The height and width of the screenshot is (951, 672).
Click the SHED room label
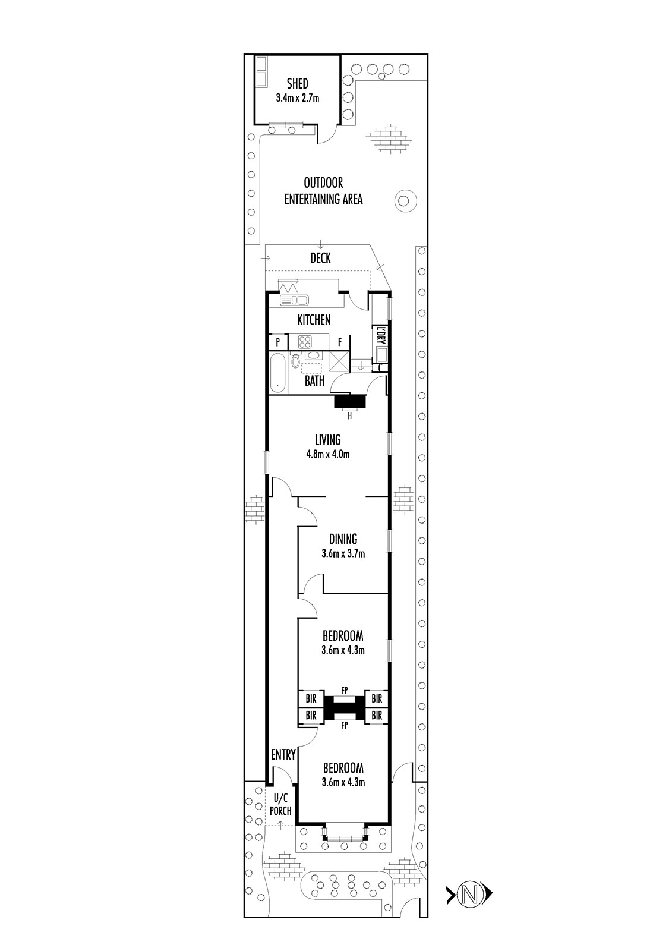[x=297, y=84]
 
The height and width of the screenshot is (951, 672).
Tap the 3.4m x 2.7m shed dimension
[x=298, y=98]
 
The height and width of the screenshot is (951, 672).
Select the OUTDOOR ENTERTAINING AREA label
[x=323, y=191]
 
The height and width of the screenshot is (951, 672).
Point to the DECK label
[x=320, y=258]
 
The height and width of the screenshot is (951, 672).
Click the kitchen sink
[x=294, y=300]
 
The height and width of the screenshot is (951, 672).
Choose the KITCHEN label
[x=314, y=320]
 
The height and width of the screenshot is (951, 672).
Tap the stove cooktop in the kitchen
[x=305, y=342]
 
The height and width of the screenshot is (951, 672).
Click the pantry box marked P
[x=278, y=342]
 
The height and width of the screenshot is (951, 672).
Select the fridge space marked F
[x=340, y=342]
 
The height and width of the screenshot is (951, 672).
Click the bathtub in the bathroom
[x=278, y=373]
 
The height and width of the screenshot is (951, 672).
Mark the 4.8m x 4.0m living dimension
[x=328, y=454]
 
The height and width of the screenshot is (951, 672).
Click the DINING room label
[x=343, y=539]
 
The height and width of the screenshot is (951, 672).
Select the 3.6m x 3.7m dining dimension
[x=343, y=553]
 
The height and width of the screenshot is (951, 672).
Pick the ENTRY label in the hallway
[x=283, y=754]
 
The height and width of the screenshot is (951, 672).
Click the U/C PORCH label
[x=280, y=805]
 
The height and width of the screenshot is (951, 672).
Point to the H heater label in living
[x=350, y=417]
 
